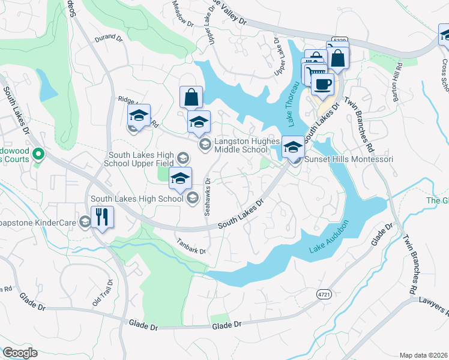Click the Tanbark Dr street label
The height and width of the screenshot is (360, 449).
point(191,247)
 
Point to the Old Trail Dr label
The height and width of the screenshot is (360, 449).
point(103,293)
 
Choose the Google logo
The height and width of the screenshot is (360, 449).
point(20,353)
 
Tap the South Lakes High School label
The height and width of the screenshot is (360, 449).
point(137,199)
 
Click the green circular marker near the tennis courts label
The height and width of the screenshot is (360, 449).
point(38,155)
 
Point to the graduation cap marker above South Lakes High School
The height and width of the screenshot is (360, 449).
point(180,178)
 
